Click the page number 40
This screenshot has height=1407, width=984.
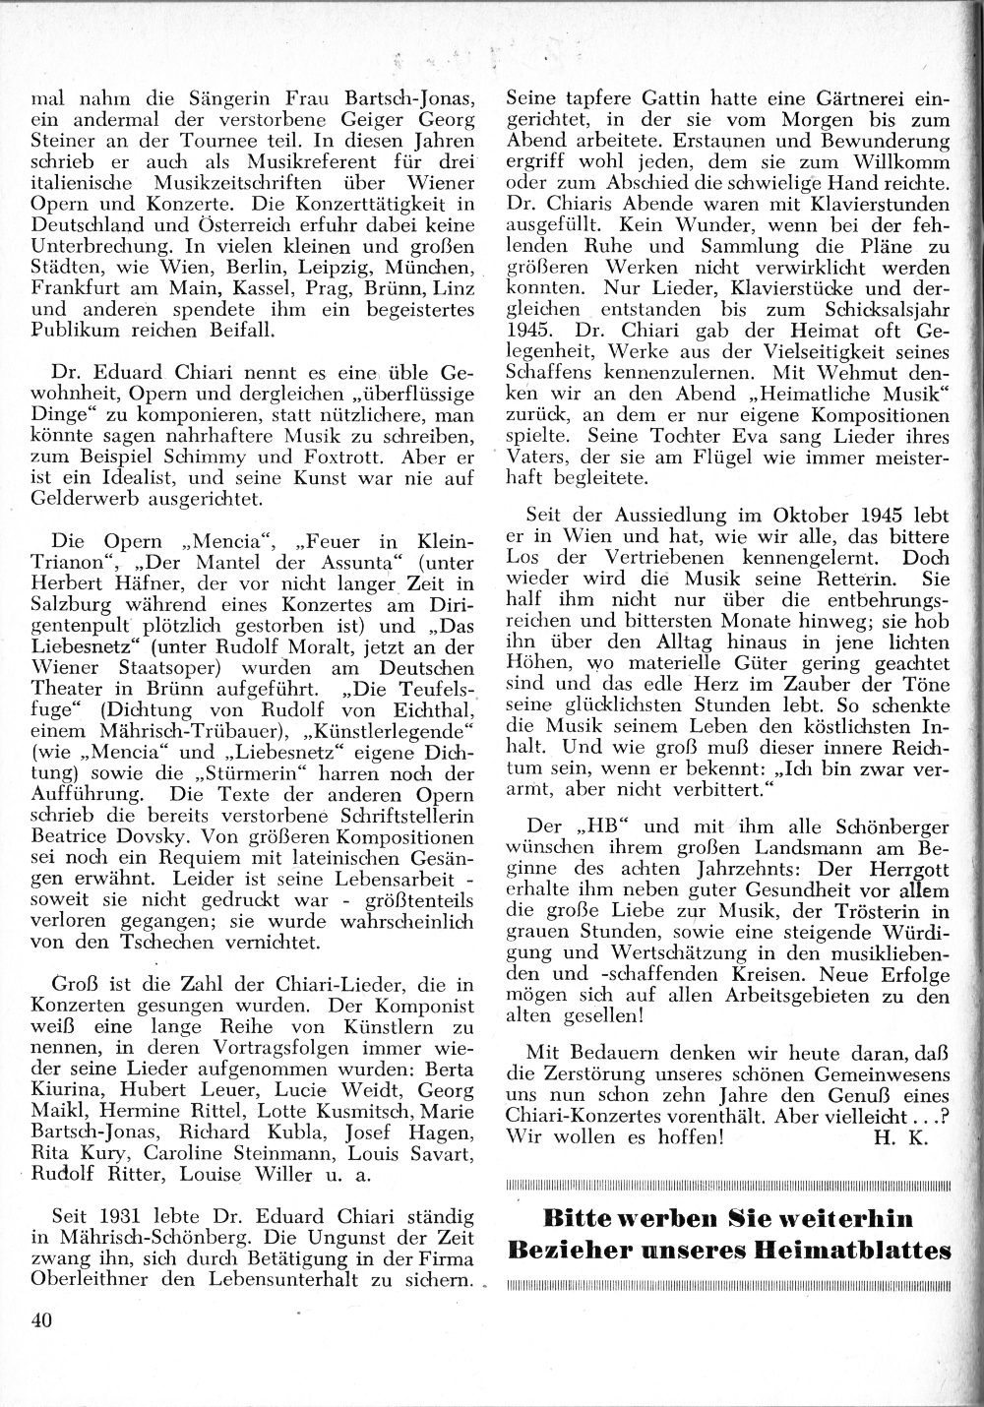[40, 1320]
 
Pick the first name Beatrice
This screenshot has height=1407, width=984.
[71, 837]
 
